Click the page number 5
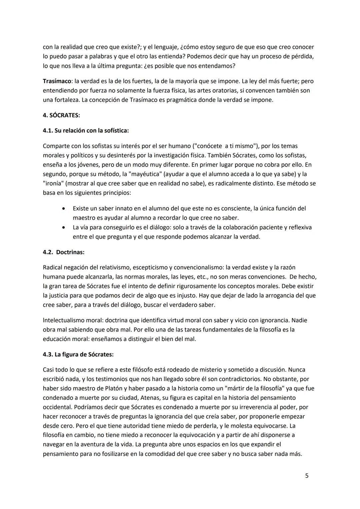307,476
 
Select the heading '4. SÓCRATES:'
61,115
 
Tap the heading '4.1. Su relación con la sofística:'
86,131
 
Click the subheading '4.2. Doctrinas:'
63,252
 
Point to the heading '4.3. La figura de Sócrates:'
78,354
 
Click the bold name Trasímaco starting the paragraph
57,81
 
